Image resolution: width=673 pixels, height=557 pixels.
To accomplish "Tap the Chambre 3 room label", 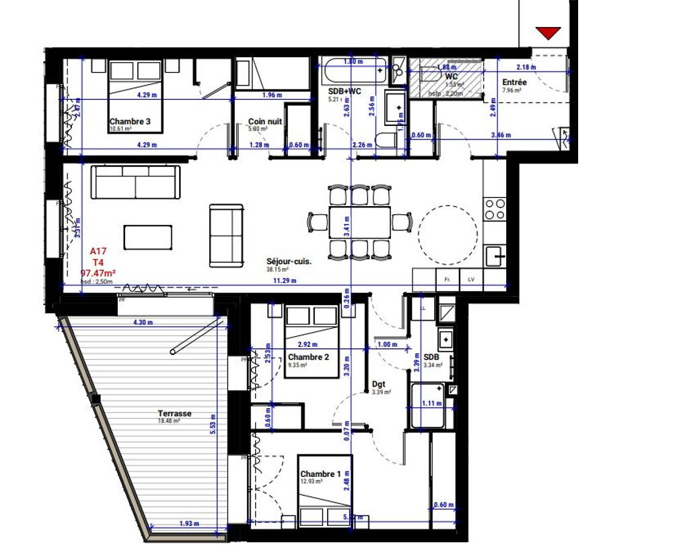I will point(129,121).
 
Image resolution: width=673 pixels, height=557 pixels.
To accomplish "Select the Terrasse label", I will point(174,414).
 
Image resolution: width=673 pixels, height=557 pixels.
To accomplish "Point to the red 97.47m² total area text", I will point(98,273).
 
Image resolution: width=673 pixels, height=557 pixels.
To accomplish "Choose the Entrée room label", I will point(515,83).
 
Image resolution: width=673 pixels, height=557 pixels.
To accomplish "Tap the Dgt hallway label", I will point(379,385).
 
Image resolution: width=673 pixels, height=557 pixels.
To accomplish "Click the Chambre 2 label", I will point(308,357).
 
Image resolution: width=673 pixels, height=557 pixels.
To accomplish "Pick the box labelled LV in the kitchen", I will point(470,277).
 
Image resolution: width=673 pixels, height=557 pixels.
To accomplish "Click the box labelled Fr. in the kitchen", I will point(446,277).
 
